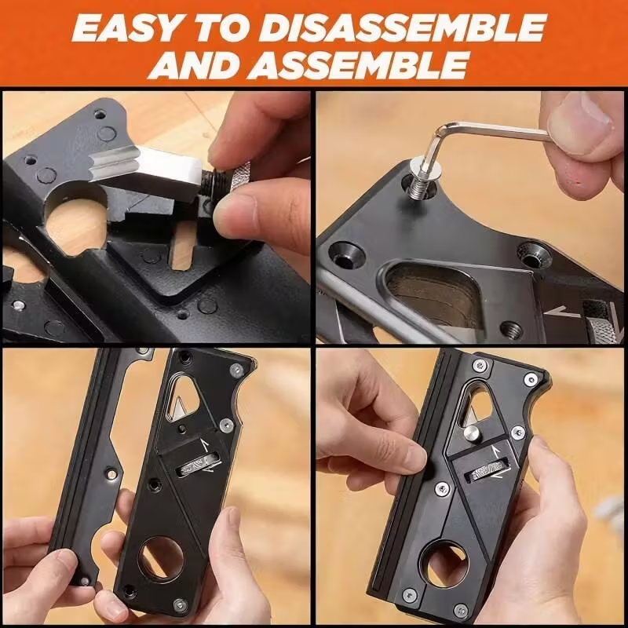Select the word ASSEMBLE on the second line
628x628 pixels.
[358, 64]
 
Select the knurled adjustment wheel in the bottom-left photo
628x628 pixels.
[199, 466]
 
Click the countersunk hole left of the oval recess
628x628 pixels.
[345, 257]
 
